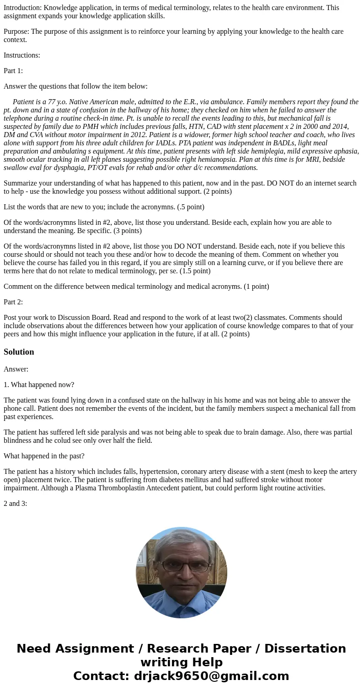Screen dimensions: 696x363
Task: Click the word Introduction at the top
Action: click(x=22, y=7)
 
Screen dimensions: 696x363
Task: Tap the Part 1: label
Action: click(x=13, y=71)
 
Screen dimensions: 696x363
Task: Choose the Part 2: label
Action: click(x=13, y=302)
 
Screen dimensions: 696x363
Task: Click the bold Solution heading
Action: click(x=19, y=352)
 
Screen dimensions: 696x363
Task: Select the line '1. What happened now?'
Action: click(x=39, y=385)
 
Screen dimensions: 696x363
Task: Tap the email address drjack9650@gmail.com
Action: click(x=211, y=676)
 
